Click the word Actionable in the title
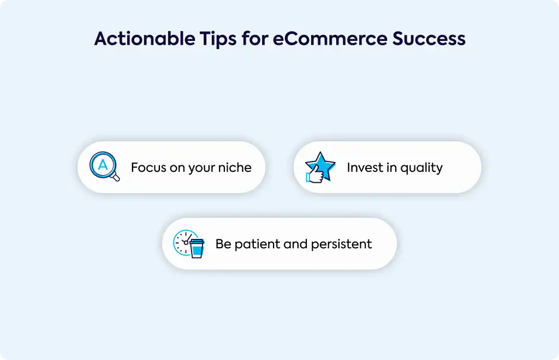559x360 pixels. [x=144, y=39]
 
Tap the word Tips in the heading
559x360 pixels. [x=218, y=39]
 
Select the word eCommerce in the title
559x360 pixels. [x=330, y=39]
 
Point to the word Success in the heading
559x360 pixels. [x=429, y=39]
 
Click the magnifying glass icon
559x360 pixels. [x=104, y=166]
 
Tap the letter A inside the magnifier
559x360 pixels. [x=103, y=165]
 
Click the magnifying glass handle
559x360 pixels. [x=115, y=177]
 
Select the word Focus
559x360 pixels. [x=148, y=167]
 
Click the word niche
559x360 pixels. [x=235, y=167]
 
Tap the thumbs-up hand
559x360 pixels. [x=315, y=175]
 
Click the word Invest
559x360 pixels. [x=365, y=167]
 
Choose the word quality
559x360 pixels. [x=421, y=168]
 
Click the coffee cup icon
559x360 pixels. [x=197, y=248]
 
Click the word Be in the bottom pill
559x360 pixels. [x=223, y=244]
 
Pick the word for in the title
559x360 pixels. [x=254, y=39]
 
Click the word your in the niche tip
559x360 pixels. [x=202, y=169]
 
